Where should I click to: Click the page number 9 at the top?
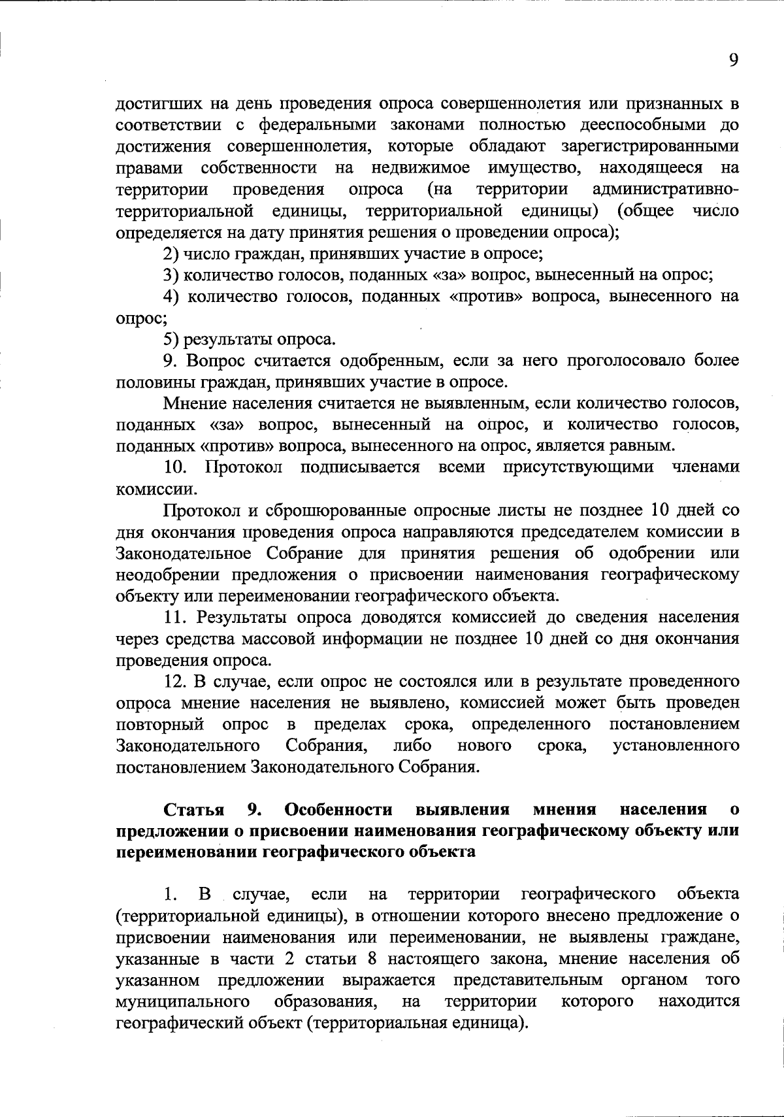[733, 60]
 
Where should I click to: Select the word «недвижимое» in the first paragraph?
[420, 168]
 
